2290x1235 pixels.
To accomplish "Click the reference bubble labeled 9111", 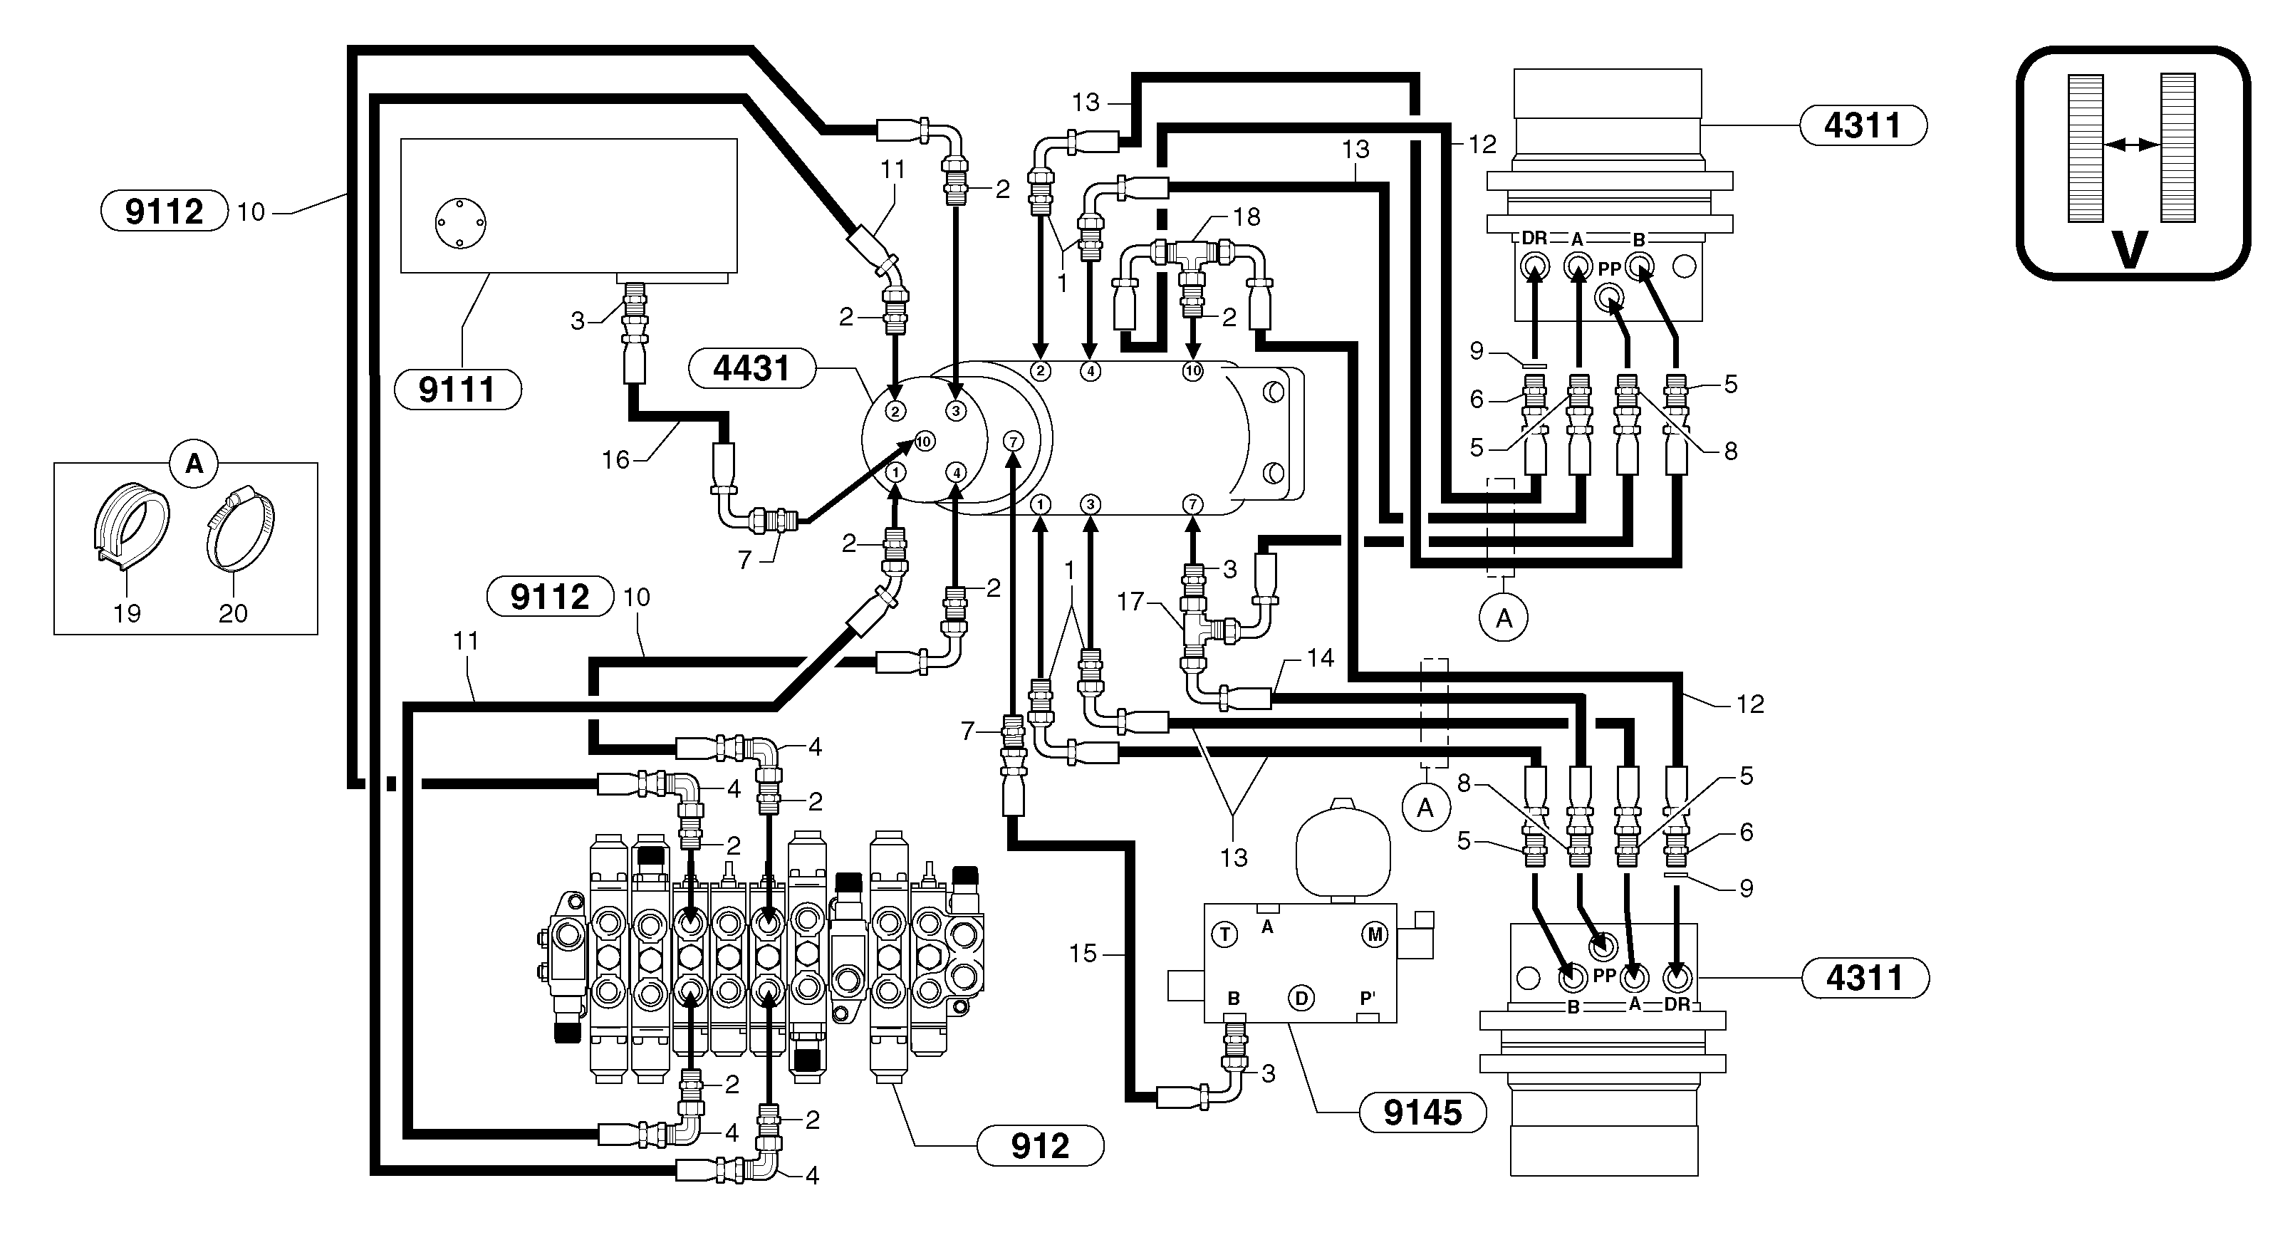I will [457, 390].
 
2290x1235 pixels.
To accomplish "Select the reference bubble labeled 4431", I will [752, 368].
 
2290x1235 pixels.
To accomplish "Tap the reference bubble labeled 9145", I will [1422, 1112].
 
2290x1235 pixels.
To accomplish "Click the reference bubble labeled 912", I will [1040, 1146].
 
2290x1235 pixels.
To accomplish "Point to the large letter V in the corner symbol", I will [2129, 250].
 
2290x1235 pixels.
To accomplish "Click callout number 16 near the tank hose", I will [615, 459].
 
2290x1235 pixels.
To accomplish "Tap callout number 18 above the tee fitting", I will [1247, 217].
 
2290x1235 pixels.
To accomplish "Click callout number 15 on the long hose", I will [1082, 954].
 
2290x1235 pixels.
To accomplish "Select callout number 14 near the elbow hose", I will [1320, 658].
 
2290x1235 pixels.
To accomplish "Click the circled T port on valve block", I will [1225, 934].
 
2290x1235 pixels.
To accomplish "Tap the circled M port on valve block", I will [1374, 934].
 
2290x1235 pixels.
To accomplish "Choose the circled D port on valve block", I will [1301, 999].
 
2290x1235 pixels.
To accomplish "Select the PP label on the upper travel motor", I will [1609, 269].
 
